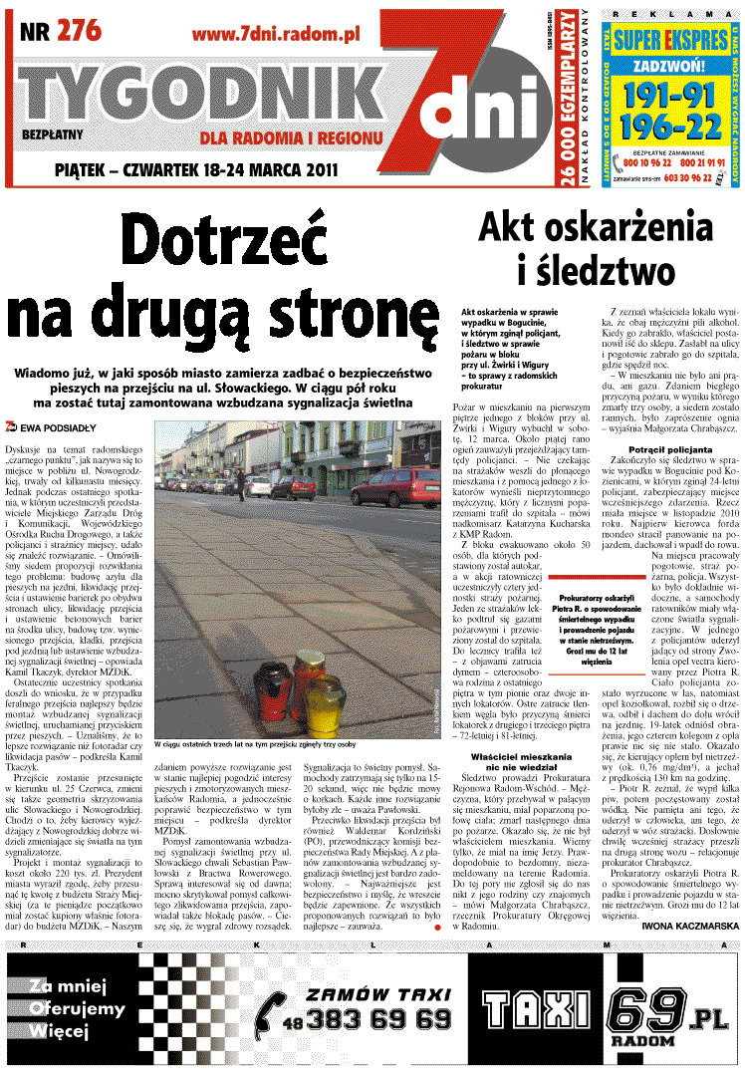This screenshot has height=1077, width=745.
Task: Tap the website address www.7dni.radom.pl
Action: pos(275,35)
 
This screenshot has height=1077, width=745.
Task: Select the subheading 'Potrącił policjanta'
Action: pos(672,449)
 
